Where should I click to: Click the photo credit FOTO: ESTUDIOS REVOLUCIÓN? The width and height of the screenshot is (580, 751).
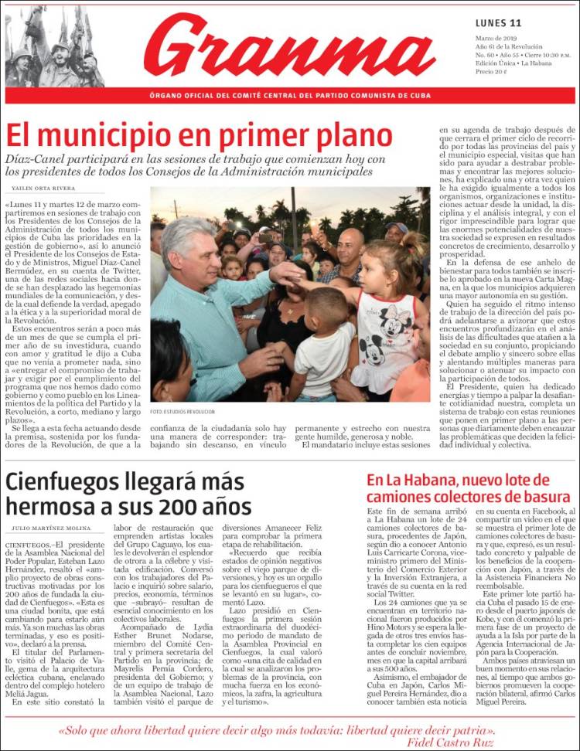[183, 412]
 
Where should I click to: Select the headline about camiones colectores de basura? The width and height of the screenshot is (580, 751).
[468, 488]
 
